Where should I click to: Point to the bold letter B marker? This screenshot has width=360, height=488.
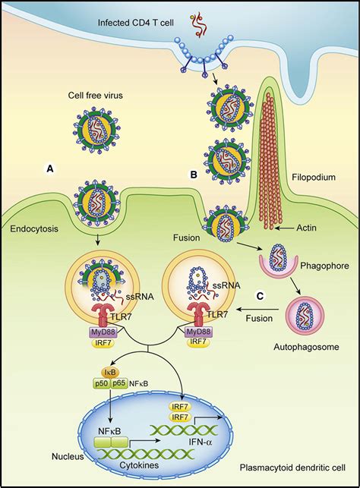tap(194, 174)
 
